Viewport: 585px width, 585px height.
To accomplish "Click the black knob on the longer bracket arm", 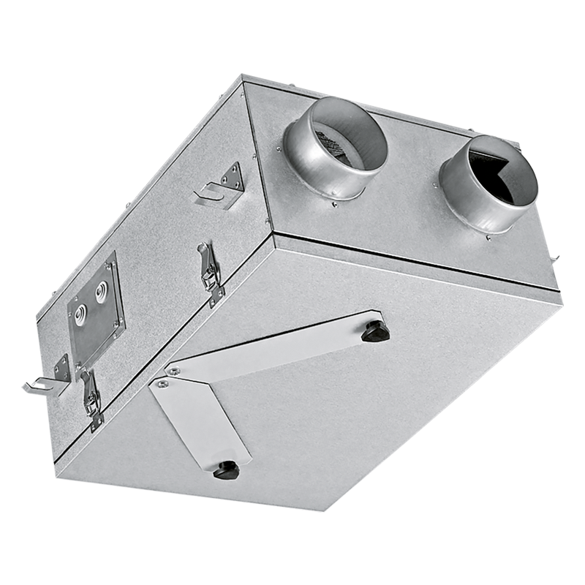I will point(375,331).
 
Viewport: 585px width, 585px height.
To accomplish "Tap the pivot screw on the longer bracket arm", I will point(172,371).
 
